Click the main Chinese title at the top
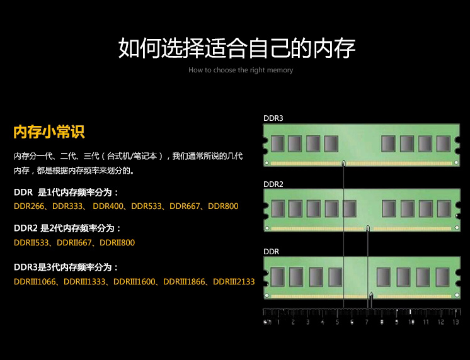[237, 48]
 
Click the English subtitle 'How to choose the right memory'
[241, 70]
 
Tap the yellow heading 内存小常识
[49, 132]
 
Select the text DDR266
[29, 206]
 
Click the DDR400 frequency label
[108, 206]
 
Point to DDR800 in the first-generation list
[223, 206]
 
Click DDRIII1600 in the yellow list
[134, 281]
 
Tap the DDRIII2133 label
[234, 281]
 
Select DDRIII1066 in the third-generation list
[35, 281]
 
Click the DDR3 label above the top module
[273, 118]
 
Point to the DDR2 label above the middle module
[273, 184]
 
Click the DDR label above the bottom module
[271, 252]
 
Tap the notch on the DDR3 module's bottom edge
[344, 163]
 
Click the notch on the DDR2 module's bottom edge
[368, 228]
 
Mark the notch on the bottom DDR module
[371, 296]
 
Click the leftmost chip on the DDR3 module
[277, 143]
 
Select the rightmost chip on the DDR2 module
[444, 208]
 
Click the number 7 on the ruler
[367, 322]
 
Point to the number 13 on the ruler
[456, 322]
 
